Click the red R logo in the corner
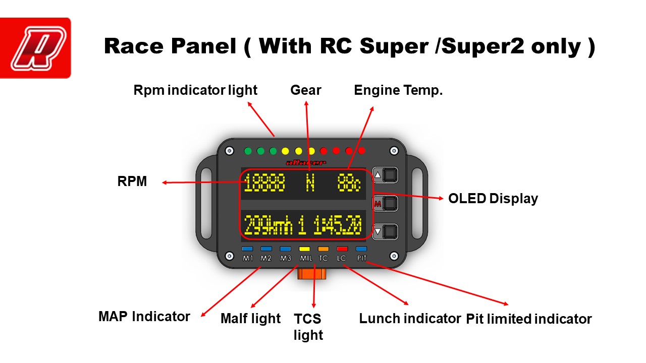pos(35,48)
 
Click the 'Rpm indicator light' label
pos(195,90)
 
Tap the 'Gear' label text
pos(306,90)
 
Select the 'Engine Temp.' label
pos(398,90)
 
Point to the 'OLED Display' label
pos(493,199)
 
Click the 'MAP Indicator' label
pos(144,317)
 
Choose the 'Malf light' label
pos(250,319)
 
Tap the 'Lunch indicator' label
pos(410,319)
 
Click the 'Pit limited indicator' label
pos(528,319)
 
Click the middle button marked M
pos(386,204)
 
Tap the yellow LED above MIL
pos(304,249)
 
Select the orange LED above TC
pos(324,249)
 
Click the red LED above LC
pos(342,249)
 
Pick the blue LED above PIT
pos(361,249)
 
